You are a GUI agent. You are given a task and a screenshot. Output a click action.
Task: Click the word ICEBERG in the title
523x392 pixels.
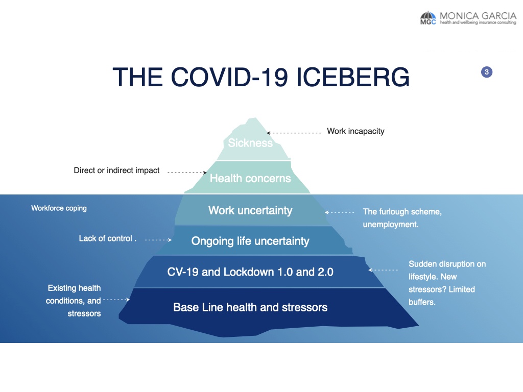click(x=352, y=77)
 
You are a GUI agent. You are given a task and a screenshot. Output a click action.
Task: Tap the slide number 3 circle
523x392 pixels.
click(x=487, y=72)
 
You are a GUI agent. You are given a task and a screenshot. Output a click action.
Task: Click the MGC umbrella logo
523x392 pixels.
click(x=428, y=18)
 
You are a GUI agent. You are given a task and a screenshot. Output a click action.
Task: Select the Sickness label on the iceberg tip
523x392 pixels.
click(x=250, y=143)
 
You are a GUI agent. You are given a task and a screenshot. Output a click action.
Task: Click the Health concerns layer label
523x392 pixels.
click(x=250, y=178)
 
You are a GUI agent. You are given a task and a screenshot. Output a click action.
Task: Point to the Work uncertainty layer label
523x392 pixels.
click(x=250, y=210)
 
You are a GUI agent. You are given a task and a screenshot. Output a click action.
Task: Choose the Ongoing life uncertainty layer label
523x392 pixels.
click(x=250, y=241)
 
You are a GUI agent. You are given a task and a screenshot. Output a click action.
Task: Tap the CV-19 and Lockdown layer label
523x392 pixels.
click(x=250, y=272)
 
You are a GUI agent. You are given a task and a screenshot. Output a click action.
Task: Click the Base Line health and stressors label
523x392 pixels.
click(x=250, y=307)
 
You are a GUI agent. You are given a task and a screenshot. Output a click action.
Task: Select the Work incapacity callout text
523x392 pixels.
click(x=355, y=131)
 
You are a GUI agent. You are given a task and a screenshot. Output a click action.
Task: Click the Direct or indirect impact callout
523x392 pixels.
click(x=116, y=170)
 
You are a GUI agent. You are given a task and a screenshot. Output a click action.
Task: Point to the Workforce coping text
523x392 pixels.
click(x=59, y=208)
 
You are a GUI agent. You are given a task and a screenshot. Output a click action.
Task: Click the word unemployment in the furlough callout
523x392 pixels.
click(x=390, y=225)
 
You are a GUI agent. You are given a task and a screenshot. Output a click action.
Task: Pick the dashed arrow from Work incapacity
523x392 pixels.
click(x=294, y=133)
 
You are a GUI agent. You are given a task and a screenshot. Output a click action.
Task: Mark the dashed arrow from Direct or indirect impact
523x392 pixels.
click(x=187, y=173)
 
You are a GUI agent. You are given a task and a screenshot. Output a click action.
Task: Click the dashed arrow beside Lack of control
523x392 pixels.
click(x=158, y=240)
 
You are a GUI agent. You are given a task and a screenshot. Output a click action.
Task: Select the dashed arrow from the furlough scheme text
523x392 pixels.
click(x=340, y=212)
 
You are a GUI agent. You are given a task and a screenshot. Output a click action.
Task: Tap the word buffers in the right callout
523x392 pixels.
click(x=421, y=302)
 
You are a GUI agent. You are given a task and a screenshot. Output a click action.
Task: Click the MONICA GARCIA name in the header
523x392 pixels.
click(x=478, y=16)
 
